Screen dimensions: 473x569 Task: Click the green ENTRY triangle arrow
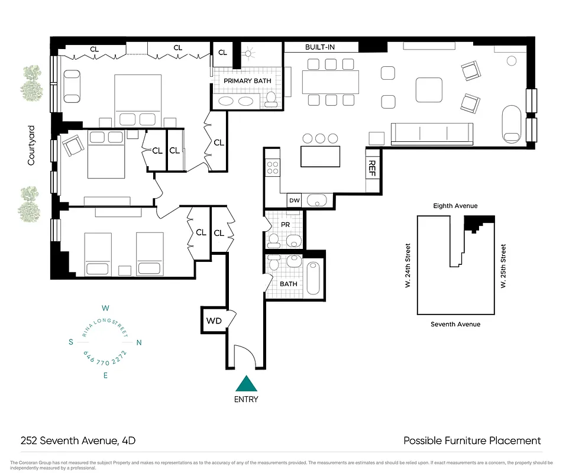246,384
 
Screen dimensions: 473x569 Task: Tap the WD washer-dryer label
214,321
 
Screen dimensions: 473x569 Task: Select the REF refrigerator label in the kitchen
373,170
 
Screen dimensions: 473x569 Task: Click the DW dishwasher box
295,201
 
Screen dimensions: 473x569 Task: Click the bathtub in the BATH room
313,276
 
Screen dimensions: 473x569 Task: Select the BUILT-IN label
321,47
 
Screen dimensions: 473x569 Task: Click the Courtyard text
31,145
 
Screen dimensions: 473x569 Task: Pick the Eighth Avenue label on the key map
455,206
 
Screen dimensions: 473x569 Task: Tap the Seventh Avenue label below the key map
455,324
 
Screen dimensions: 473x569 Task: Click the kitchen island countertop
321,157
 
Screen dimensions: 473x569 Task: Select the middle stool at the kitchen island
321,138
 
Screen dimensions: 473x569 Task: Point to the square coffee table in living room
429,90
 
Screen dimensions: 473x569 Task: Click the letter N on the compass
139,342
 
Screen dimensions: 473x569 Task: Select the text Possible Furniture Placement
472,440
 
